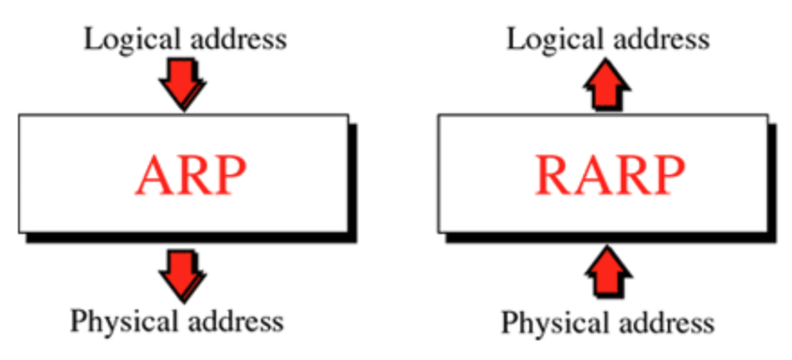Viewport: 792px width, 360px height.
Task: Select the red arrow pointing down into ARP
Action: click(182, 85)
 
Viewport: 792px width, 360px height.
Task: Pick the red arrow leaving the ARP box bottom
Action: click(182, 274)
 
